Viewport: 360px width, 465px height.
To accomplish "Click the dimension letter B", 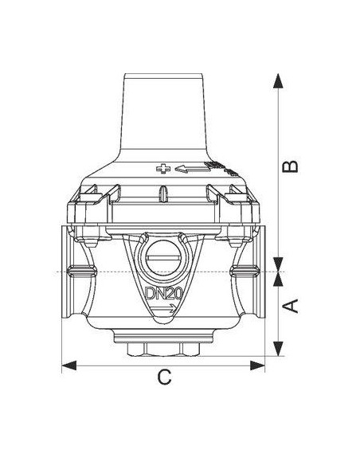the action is click(291, 166).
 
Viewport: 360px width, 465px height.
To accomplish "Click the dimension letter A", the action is click(291, 306).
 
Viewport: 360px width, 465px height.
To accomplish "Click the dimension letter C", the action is click(164, 377).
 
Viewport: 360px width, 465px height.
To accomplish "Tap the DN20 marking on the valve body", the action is click(163, 294).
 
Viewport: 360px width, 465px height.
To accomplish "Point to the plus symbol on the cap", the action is click(163, 169).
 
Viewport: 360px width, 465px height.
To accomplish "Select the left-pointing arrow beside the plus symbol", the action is click(192, 169).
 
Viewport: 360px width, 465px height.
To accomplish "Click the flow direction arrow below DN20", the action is click(165, 309).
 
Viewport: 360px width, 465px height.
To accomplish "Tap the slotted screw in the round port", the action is click(163, 258).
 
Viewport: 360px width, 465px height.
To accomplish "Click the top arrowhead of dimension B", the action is click(278, 80).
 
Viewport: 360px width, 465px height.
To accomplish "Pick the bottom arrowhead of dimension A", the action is click(278, 349).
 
